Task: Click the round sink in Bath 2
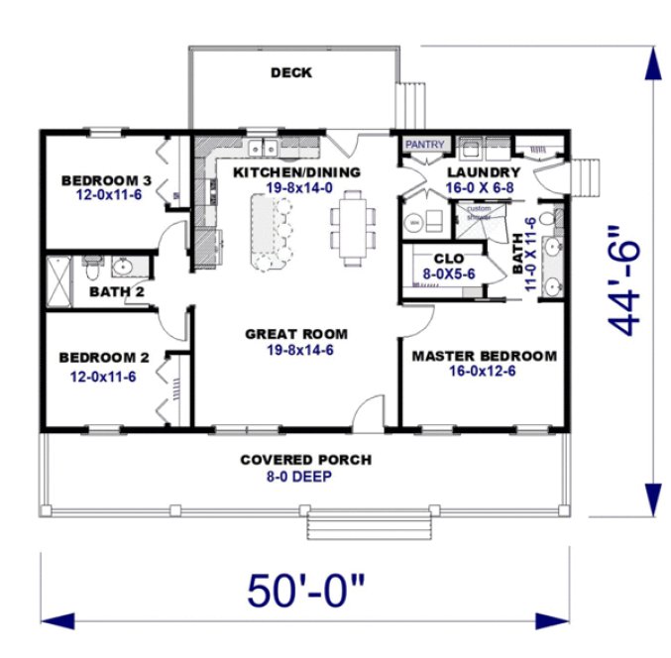click(x=123, y=266)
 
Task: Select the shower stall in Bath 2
click(x=59, y=280)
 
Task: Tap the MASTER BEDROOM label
click(x=484, y=356)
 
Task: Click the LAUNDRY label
click(x=483, y=170)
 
